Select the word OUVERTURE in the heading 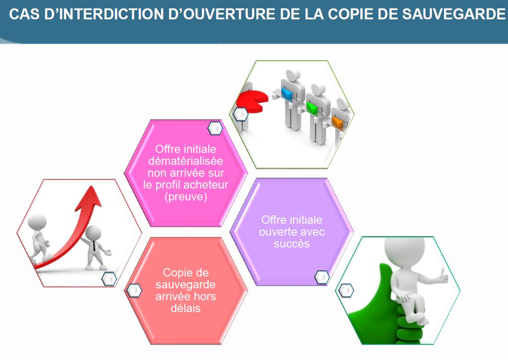tap(222, 14)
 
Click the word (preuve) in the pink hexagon tap(186, 197)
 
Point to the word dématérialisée tap(186, 161)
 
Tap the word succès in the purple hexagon tap(292, 244)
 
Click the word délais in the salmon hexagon tap(186, 308)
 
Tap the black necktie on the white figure tap(94, 247)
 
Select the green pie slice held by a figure tap(312, 108)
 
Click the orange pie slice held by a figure tap(337, 122)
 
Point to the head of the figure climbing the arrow tap(37, 222)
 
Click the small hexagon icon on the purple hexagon tap(322, 277)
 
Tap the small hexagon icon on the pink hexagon tap(215, 128)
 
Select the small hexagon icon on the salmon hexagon tap(134, 291)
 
